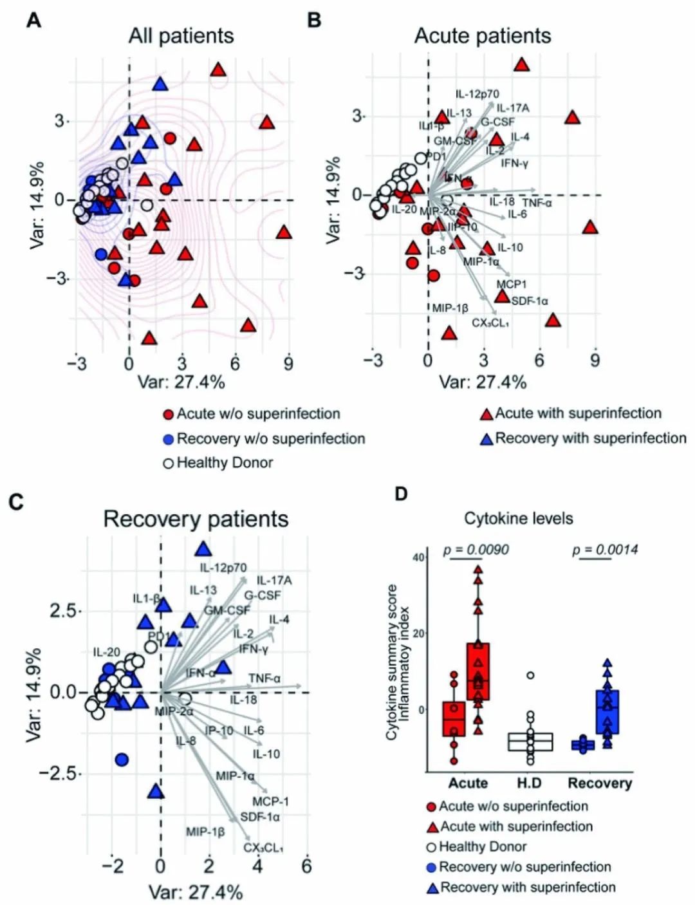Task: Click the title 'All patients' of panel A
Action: pos(181,35)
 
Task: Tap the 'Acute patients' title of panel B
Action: pos(483,35)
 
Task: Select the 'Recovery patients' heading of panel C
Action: pos(196,519)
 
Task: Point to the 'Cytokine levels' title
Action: pos(519,518)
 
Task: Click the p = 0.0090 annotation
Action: pos(476,550)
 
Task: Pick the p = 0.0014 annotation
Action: pos(605,550)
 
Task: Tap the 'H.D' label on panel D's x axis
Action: pos(529,783)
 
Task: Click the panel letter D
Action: pos(401,494)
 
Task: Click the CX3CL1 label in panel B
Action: pos(490,323)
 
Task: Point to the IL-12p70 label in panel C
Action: pos(223,568)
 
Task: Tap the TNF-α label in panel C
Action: pos(264,678)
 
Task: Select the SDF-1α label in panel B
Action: pos(530,301)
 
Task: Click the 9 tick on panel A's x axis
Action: pos(288,364)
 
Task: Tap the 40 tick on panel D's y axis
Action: pos(418,557)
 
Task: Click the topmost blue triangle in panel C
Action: pos(204,549)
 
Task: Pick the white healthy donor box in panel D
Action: pos(530,742)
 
